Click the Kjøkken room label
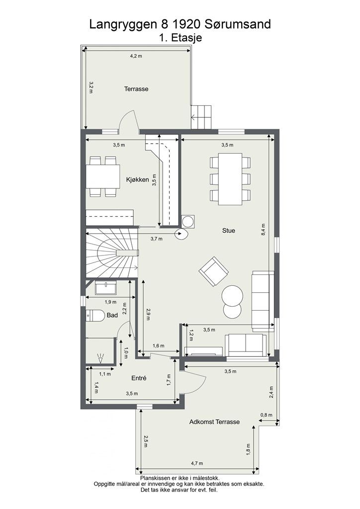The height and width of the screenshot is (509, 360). [x=137, y=179]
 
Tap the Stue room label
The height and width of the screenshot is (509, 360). [x=229, y=231]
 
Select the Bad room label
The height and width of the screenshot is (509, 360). [x=112, y=315]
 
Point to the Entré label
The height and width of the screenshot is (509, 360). [x=139, y=378]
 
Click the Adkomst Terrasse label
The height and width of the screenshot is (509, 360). [x=215, y=422]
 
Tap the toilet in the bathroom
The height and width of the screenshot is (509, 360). [x=95, y=315]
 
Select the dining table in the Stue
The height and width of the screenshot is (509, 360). [x=230, y=179]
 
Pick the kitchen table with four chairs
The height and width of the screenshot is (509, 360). [x=103, y=176]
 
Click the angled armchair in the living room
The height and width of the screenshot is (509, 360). [x=214, y=271]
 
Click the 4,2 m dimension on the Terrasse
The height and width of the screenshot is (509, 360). [x=136, y=56]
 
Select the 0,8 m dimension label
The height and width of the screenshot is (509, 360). [x=267, y=415]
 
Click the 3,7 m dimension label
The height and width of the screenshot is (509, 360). [x=157, y=239]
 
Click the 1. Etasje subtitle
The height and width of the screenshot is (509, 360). [x=180, y=37]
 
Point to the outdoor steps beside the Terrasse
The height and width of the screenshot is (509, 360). [x=201, y=117]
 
